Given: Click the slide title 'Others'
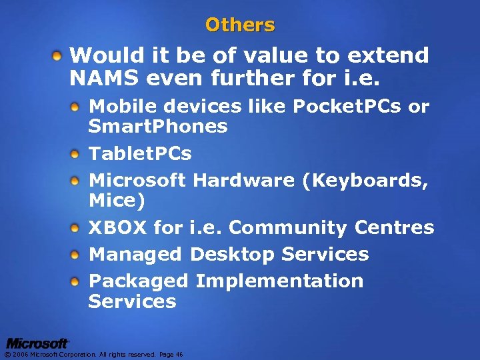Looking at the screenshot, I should (240, 25).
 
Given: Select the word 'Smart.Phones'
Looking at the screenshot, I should (158, 127).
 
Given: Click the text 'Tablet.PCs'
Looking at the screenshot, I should (140, 154).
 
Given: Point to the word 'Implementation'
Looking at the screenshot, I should (279, 281).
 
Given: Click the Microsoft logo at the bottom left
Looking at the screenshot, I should (37, 343).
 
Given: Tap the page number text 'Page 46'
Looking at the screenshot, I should (171, 355).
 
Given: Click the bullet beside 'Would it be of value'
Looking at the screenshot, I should (59, 53).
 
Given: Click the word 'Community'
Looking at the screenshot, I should (283, 228).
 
